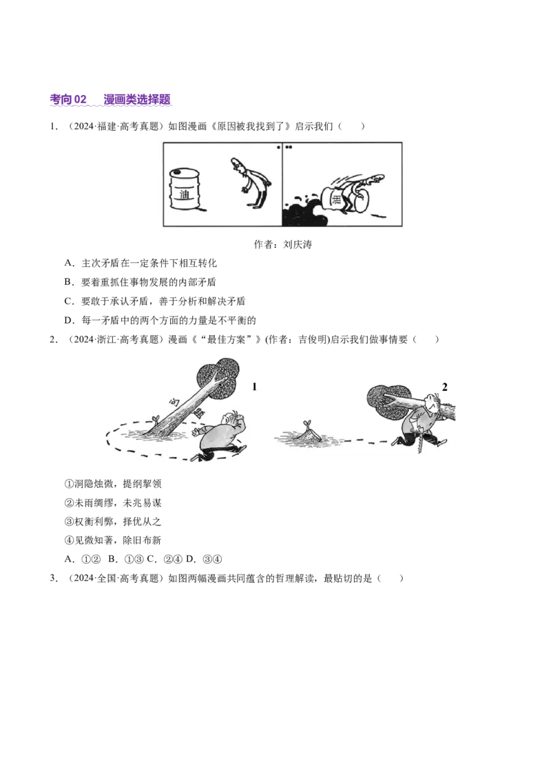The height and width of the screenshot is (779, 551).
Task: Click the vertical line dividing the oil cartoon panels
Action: [282, 184]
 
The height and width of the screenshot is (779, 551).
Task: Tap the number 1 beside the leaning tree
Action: [254, 387]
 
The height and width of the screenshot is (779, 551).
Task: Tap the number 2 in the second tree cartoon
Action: [444, 387]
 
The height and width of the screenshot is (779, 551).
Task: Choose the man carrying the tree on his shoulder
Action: [422, 420]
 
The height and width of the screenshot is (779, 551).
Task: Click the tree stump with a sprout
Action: [306, 433]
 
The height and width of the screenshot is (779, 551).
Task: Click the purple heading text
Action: [111, 100]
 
